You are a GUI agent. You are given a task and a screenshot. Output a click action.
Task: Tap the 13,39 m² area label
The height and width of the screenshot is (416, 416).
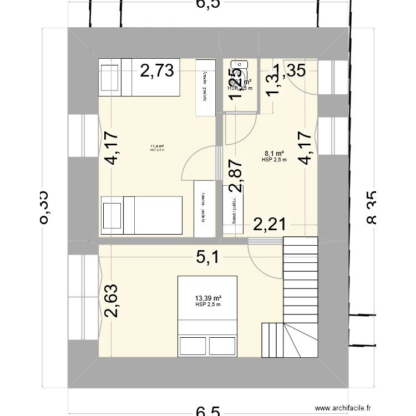pos(207,298)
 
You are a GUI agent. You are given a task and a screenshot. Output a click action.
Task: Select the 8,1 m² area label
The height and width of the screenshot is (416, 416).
pos(274,154)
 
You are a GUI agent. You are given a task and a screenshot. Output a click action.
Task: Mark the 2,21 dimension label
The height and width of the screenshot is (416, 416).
pos(270,225)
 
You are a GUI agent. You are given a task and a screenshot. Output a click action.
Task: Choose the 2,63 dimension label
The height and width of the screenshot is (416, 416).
pos(111,301)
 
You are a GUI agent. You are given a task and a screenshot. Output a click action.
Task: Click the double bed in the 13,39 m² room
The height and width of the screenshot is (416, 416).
pos(207,314)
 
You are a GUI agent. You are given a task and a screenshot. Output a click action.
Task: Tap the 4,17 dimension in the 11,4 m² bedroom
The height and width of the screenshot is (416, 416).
pos(111,149)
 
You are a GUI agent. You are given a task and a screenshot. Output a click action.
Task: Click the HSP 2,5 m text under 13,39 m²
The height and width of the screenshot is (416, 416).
pos(207,305)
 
